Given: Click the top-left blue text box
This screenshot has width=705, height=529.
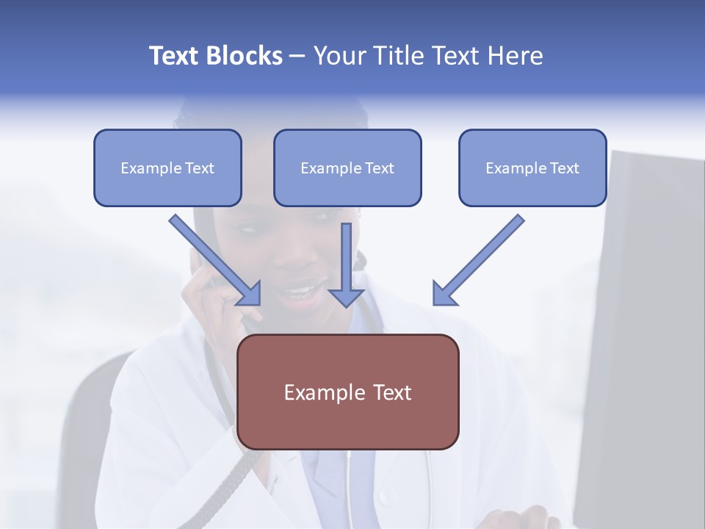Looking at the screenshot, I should tap(167, 168).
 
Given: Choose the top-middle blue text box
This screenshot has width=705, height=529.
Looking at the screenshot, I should tap(347, 168).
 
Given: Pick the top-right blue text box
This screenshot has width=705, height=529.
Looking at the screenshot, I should tap(532, 168).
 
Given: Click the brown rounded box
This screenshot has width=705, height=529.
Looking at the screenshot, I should tap(347, 392).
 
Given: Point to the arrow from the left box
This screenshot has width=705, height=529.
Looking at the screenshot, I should tap(213, 258).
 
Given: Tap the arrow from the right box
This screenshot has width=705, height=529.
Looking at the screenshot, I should tap(480, 258).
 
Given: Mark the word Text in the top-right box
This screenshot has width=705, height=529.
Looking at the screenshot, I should tap(564, 168).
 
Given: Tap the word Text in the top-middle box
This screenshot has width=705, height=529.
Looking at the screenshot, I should tap(379, 168).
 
